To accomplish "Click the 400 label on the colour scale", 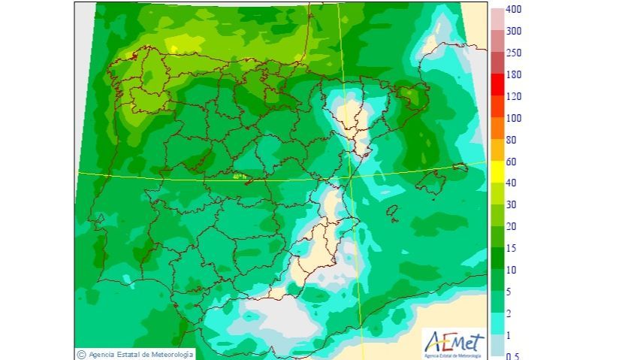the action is coord(515,10).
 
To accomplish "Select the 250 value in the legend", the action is coord(515,53).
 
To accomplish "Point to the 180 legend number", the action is coord(515,75).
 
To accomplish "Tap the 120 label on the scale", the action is coord(515,97).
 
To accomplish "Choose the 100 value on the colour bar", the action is coord(515,119).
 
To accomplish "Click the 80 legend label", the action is coord(512,140).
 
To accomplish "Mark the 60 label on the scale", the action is coord(512,162).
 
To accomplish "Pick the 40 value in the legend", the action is coord(512,183).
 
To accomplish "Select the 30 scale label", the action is coord(512,205).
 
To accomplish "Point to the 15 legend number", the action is coord(512,248).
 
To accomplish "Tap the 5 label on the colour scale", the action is coord(509,292).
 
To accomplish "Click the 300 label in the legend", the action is coord(515,32).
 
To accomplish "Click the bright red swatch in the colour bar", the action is coord(498,86).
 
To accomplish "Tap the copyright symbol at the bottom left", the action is coord(80,354).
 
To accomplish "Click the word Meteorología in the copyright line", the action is coord(171,354).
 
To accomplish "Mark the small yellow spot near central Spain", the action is coord(240,177).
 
